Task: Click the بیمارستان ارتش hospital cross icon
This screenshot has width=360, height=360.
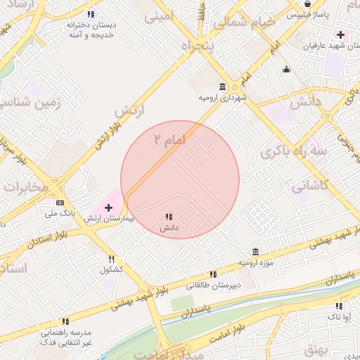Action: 108,207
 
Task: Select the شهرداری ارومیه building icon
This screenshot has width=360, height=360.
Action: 223,87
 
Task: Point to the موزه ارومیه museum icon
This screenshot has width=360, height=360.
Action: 255,252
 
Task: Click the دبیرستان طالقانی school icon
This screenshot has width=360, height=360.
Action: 212,275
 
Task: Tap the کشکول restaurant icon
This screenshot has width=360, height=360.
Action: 111,259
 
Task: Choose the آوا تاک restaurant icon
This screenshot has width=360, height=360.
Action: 339,306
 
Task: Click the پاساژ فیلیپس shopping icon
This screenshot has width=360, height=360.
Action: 307,4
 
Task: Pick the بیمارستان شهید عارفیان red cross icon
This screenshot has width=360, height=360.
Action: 340,34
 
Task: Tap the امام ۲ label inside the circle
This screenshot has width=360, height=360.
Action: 169,141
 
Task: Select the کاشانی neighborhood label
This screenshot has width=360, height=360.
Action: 309,187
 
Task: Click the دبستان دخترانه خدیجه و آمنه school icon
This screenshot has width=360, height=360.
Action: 90,14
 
